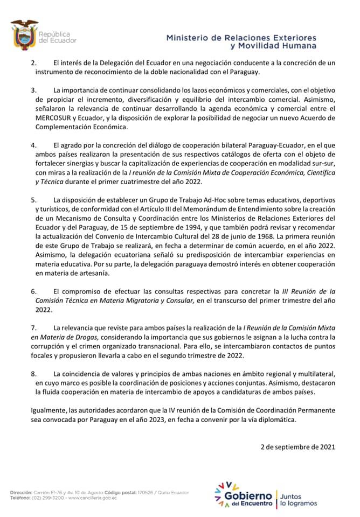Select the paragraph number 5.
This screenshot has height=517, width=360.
(33, 200)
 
